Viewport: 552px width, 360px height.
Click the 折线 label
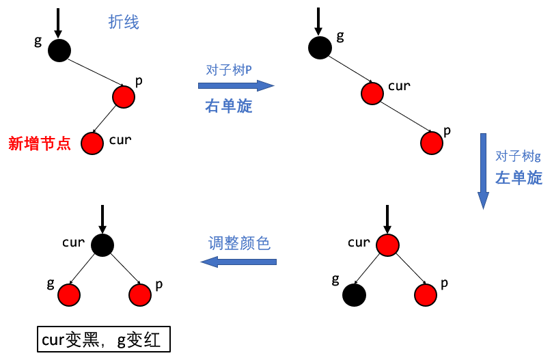tap(124, 23)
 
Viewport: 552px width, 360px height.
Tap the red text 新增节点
tap(40, 143)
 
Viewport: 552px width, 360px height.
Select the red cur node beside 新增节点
tap(92, 143)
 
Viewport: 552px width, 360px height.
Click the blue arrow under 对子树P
tap(236, 85)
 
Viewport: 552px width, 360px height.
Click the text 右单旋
tap(229, 107)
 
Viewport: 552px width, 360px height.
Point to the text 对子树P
tap(229, 70)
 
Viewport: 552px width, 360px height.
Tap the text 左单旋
tap(519, 178)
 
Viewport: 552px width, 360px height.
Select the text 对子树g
tap(518, 156)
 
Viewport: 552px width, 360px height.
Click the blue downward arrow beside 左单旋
tap(483, 171)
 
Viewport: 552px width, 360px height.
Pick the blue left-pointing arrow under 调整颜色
tap(238, 262)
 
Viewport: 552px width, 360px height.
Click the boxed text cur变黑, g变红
tap(103, 340)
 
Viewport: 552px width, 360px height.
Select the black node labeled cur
tap(102, 245)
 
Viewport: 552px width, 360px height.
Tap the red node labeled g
tap(69, 295)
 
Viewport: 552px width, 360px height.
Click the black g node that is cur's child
tap(355, 295)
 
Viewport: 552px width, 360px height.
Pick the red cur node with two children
tap(387, 245)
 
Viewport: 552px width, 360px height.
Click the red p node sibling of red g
tap(140, 295)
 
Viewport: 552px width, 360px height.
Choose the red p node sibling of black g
tap(425, 295)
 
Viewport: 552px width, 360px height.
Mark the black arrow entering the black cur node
tap(102, 219)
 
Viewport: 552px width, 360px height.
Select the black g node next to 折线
tap(59, 50)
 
